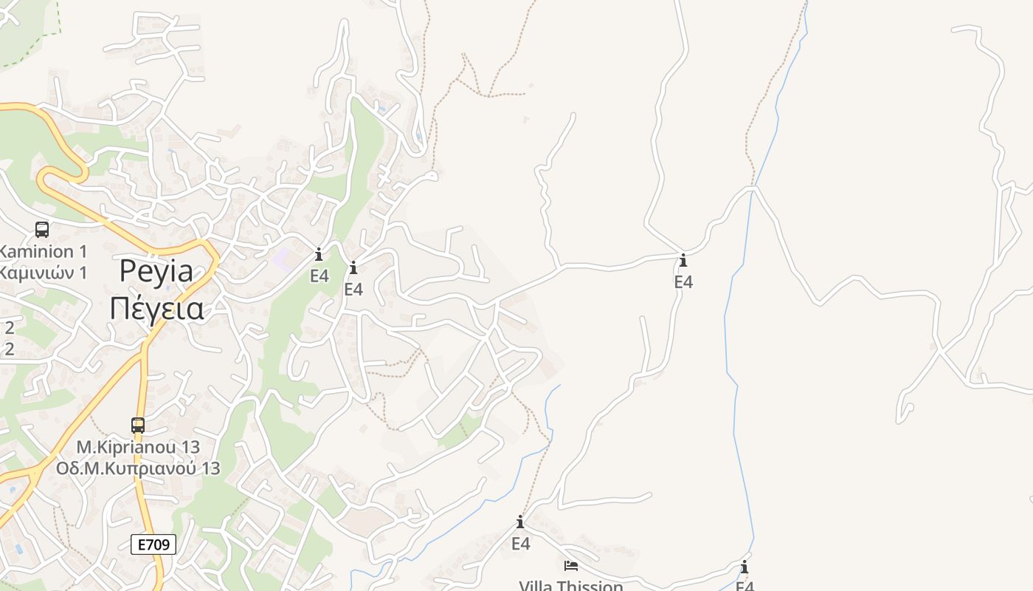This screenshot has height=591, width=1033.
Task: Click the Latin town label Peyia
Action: tap(156, 272)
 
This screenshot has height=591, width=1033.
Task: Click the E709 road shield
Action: tap(153, 544)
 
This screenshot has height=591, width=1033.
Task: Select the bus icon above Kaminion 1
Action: tap(42, 230)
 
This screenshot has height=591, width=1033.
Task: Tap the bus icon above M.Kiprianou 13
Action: tap(138, 426)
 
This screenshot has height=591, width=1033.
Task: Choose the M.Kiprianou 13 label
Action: tap(138, 447)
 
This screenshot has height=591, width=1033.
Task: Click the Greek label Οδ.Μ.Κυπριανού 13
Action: tap(138, 468)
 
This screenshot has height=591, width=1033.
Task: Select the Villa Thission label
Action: tap(570, 586)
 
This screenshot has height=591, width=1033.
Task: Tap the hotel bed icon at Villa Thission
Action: tap(570, 566)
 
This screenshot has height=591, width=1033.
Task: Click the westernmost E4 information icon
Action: tap(319, 255)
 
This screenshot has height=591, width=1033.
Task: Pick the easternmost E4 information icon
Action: tap(744, 567)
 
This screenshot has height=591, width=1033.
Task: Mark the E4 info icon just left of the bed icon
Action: tap(520, 523)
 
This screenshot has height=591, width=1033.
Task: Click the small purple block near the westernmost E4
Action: tap(280, 259)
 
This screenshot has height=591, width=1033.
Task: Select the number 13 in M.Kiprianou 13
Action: tap(190, 447)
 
